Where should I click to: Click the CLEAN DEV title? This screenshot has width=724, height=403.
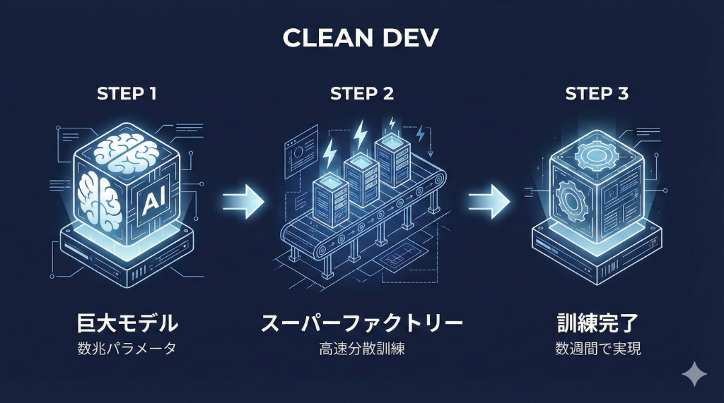(361, 39)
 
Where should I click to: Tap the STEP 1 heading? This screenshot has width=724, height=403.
(127, 93)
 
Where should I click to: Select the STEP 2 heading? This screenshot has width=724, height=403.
(362, 93)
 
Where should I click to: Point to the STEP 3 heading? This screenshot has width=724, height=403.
(597, 93)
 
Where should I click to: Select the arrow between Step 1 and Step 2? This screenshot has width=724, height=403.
(243, 201)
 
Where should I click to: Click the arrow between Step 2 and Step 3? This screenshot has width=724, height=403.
(489, 201)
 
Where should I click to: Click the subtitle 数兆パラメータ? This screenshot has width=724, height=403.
(127, 349)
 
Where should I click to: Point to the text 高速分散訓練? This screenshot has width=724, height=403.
(362, 349)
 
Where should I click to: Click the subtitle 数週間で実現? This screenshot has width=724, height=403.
(597, 349)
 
